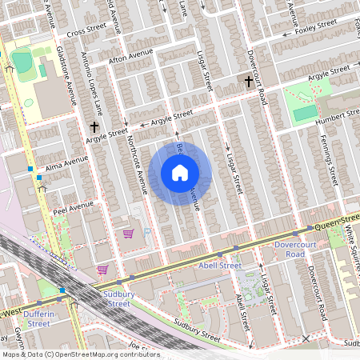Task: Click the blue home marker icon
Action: (x=180, y=173)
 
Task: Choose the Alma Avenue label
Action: (x=67, y=163)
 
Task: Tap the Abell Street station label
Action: (x=219, y=266)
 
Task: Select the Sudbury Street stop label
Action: (x=118, y=299)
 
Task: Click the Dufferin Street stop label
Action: (x=38, y=318)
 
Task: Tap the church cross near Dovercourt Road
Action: (x=248, y=81)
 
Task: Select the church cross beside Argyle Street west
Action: (x=94, y=126)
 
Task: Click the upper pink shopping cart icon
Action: (x=127, y=234)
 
